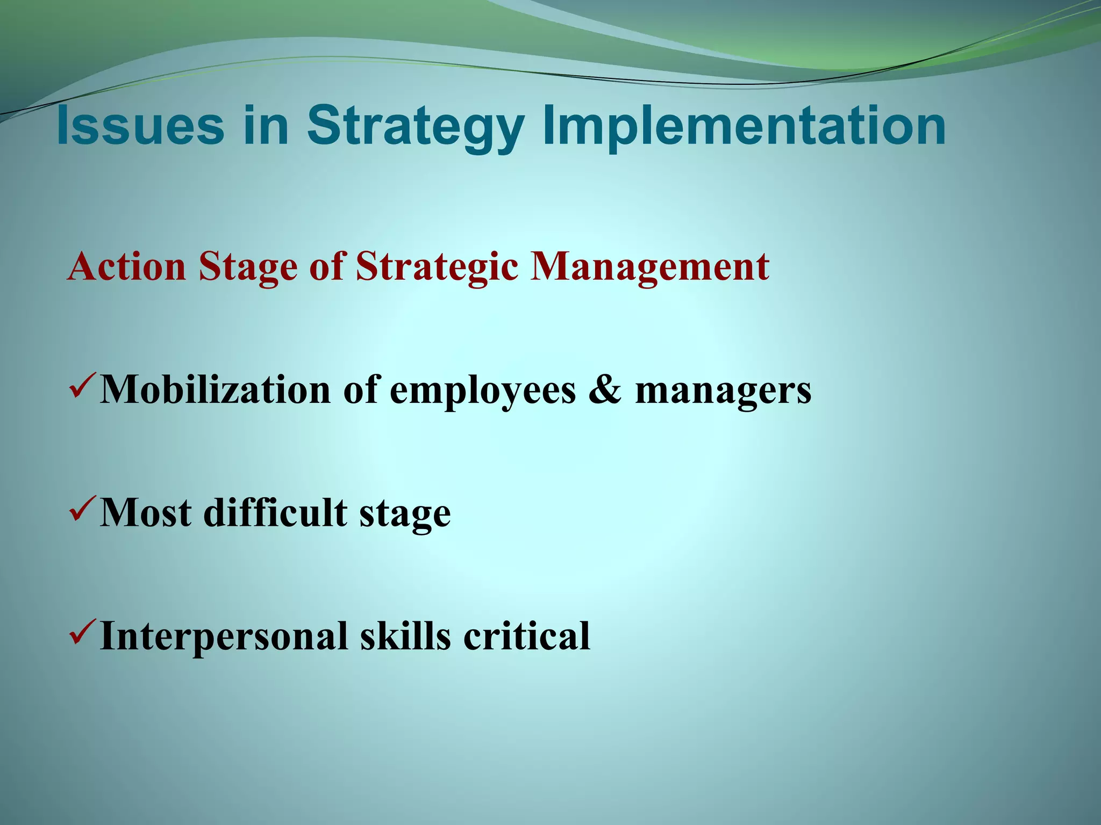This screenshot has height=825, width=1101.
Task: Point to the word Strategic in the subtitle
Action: click(437, 267)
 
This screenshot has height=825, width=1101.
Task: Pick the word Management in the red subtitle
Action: click(649, 267)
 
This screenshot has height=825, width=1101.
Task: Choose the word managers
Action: click(723, 391)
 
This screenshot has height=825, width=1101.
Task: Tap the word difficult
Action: click(275, 512)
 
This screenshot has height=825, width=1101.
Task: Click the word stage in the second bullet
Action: click(405, 515)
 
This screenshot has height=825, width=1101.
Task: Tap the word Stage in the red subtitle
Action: click(248, 267)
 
